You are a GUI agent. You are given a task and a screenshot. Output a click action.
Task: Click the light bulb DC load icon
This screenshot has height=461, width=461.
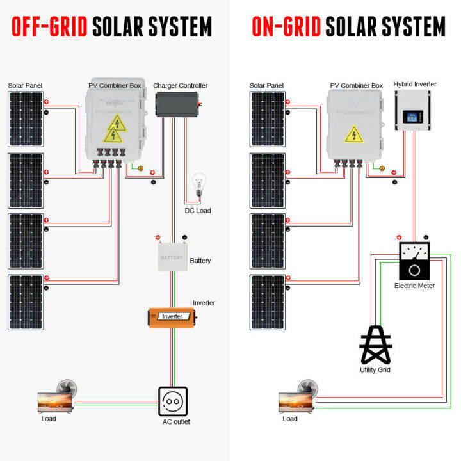pos(198,186)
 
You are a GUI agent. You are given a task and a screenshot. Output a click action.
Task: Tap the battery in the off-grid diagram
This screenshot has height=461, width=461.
pos(172,257)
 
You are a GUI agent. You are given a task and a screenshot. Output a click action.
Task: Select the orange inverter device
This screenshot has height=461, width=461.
pos(172,317)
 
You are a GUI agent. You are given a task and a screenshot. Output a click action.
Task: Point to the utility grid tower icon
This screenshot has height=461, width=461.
pos(376,346)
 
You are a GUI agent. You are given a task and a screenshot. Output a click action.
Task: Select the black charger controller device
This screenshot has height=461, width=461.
pos(178,102)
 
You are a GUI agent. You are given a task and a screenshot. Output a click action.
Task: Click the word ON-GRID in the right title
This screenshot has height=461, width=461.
pos(286,27)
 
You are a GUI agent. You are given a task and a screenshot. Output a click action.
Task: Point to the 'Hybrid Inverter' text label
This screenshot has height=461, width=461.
pos(415,85)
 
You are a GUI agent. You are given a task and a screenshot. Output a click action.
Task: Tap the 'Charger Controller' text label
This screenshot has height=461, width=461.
pos(181,86)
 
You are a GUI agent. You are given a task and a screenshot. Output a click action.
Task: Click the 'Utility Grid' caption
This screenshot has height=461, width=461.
pos(375,370)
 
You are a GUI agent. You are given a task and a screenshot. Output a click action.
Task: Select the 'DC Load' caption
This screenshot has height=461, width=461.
pos(198,211)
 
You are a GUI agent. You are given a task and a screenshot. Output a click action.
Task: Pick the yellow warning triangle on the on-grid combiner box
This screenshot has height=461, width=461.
pos(353,134)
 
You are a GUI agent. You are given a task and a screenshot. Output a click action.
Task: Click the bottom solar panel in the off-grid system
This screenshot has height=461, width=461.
pos(26,303)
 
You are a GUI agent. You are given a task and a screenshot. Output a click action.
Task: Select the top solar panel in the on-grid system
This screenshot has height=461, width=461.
pos(267,120)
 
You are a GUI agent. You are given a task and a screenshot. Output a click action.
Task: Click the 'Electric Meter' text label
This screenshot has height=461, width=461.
pos(414,286)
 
